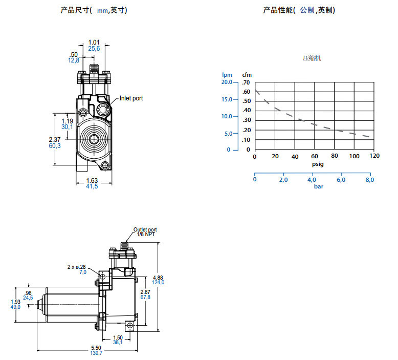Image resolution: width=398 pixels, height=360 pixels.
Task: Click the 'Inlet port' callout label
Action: (x=131, y=98)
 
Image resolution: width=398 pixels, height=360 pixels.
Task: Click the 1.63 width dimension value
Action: (x=92, y=180)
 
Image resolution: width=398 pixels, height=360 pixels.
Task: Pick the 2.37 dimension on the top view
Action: (x=54, y=139)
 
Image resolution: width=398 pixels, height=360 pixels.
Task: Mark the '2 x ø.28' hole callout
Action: (x=77, y=267)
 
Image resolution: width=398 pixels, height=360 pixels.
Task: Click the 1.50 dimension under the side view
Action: (x=118, y=337)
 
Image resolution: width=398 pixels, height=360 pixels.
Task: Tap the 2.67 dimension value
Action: (x=146, y=291)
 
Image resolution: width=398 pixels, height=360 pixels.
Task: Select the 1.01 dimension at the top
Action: (x=94, y=42)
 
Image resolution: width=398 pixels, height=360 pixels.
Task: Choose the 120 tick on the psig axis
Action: (x=374, y=156)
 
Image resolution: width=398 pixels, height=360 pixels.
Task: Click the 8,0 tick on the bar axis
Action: (x=369, y=180)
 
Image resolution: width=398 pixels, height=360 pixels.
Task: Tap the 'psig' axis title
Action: (x=318, y=164)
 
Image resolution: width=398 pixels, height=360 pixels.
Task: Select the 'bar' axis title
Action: (x=319, y=186)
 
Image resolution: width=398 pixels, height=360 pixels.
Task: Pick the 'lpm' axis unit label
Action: (x=226, y=75)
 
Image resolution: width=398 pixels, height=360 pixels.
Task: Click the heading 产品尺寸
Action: (x=75, y=10)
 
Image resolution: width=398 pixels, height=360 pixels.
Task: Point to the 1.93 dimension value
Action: (x=15, y=302)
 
